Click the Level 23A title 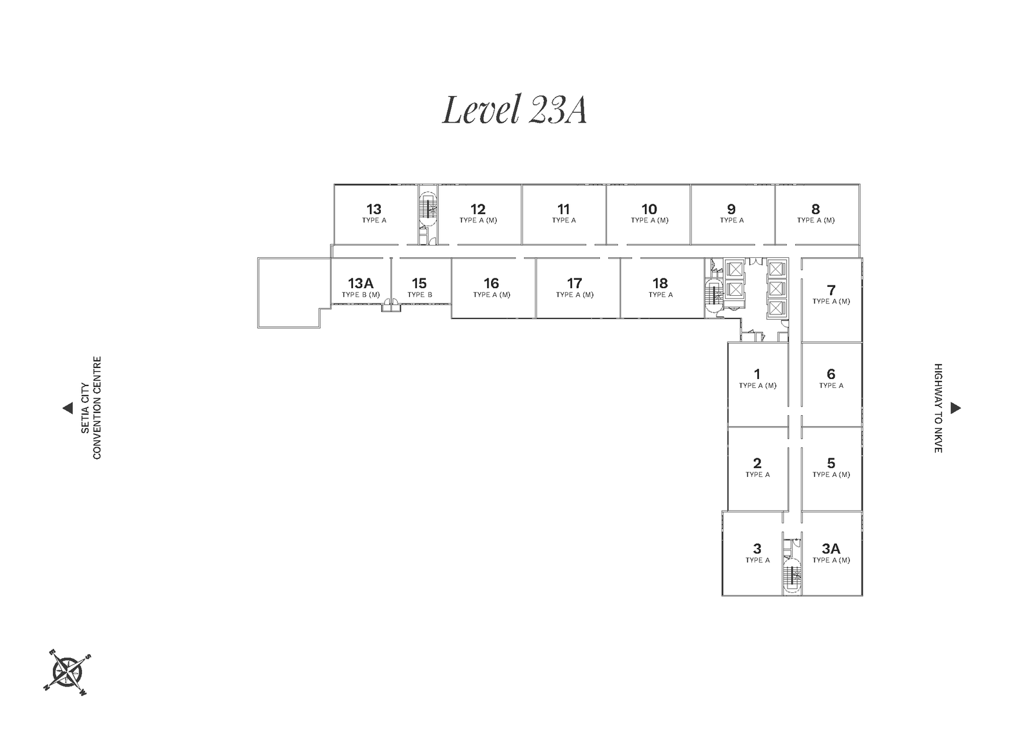click(x=515, y=110)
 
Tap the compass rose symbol click(x=67, y=672)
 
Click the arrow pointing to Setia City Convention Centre click(x=68, y=408)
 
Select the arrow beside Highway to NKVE click(x=956, y=408)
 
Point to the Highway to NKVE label click(x=938, y=408)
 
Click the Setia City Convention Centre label click(x=91, y=408)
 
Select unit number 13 click(x=374, y=209)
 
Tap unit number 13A click(x=360, y=283)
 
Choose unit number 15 click(x=419, y=283)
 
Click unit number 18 click(x=660, y=283)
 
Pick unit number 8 click(x=816, y=209)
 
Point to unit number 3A click(x=831, y=549)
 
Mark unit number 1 click(x=757, y=374)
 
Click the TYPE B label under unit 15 click(x=419, y=295)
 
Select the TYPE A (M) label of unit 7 click(x=831, y=301)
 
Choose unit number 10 click(x=650, y=209)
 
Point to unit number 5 click(x=831, y=463)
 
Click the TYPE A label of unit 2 click(x=758, y=474)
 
